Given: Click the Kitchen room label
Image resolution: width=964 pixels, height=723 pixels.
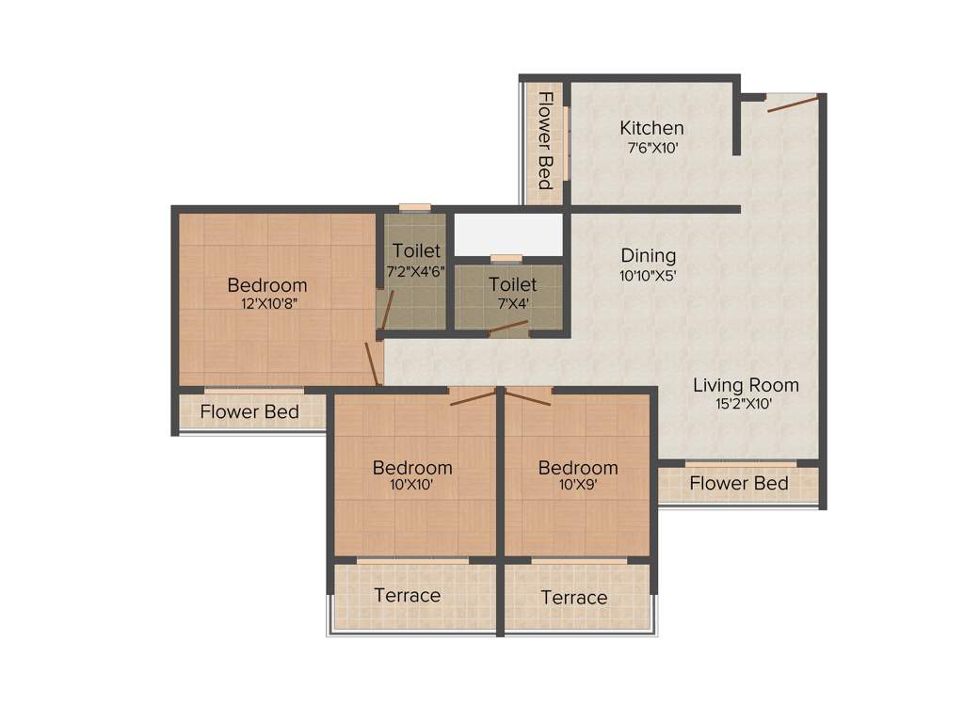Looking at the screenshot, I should tap(651, 128).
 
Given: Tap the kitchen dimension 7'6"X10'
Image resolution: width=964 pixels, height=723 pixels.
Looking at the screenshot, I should tap(652, 148).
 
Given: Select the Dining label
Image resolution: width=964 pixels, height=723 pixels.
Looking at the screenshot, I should tap(648, 255).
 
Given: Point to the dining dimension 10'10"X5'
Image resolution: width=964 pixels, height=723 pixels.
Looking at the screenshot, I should tap(648, 276).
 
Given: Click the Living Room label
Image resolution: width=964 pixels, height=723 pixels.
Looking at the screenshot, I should tap(746, 385).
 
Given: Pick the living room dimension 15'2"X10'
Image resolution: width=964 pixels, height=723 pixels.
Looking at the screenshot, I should tap(746, 405).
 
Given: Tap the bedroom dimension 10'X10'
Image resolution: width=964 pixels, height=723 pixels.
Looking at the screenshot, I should tap(412, 486).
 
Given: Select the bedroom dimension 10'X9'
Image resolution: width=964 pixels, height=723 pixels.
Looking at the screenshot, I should tap(578, 486).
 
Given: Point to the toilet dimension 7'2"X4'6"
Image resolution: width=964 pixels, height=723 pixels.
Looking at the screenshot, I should tap(416, 270).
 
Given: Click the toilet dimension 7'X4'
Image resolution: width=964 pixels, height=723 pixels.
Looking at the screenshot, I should tap(513, 303).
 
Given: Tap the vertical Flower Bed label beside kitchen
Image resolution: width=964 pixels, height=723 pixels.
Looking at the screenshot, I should tap(545, 139).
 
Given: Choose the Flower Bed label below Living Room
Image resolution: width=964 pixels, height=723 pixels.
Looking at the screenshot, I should tap(739, 484).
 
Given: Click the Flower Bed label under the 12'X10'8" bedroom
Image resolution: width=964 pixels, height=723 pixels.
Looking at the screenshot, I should tap(249, 411).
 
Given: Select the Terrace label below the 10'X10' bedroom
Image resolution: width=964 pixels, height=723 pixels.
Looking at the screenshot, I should tap(407, 595).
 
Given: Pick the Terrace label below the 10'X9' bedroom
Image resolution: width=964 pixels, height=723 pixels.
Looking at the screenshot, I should tap(573, 598).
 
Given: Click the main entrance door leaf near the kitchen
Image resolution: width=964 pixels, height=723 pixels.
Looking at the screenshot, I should tap(792, 103).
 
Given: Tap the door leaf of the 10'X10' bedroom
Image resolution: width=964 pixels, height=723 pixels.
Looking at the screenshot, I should tap(473, 397).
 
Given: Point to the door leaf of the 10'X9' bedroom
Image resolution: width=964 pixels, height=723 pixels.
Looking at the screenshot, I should tap(528, 396).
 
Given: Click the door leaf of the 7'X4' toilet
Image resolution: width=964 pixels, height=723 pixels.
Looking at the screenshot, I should tap(508, 327).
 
